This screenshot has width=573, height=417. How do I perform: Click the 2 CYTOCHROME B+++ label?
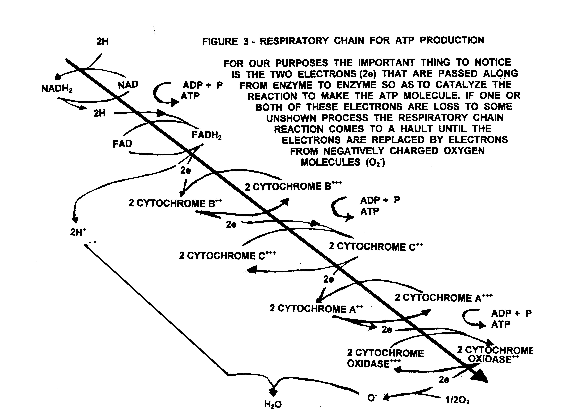[293, 186]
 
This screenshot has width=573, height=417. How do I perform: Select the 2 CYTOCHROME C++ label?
[376, 246]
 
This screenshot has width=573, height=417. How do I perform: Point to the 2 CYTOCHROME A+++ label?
[443, 298]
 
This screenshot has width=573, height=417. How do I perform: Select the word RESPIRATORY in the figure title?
[294, 41]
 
